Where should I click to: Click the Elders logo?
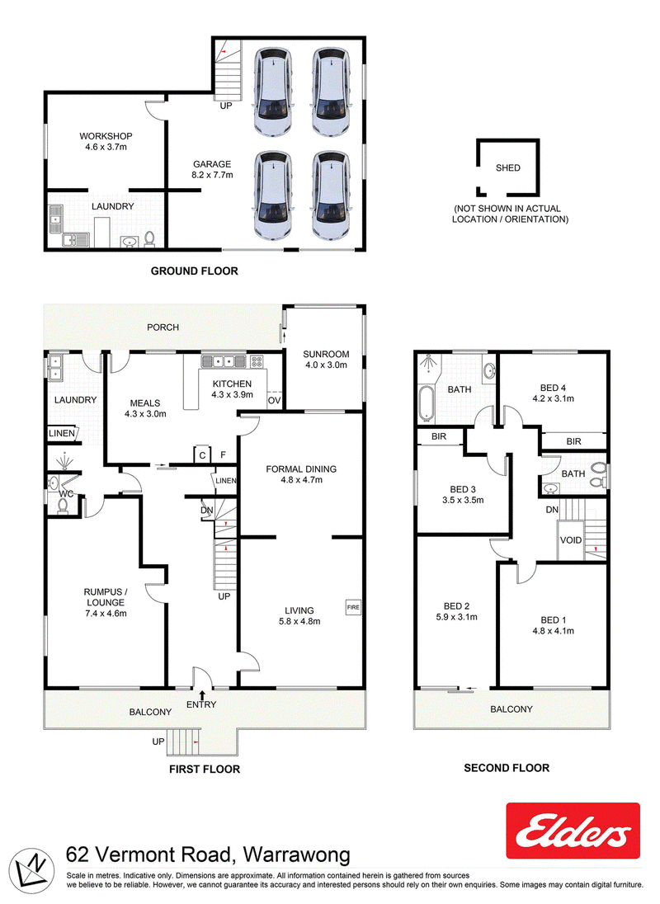(x=573, y=831)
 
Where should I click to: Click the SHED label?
(x=508, y=167)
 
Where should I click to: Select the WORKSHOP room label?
(x=106, y=136)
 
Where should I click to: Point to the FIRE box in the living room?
(x=353, y=607)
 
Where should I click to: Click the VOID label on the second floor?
(x=571, y=540)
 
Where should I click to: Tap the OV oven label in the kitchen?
(x=275, y=401)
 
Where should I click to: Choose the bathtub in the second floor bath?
(x=426, y=403)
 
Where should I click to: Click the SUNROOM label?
(x=326, y=354)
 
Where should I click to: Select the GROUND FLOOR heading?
(x=194, y=271)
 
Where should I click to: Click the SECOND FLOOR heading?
(x=507, y=768)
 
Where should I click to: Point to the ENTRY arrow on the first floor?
(x=202, y=695)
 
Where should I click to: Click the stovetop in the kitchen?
(x=257, y=362)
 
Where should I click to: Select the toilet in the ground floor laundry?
(x=149, y=239)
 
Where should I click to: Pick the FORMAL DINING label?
(x=301, y=469)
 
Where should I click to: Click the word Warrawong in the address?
(x=297, y=855)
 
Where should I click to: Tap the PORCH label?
(x=163, y=327)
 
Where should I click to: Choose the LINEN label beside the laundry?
(x=62, y=433)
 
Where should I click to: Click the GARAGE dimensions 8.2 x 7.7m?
(x=212, y=175)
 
